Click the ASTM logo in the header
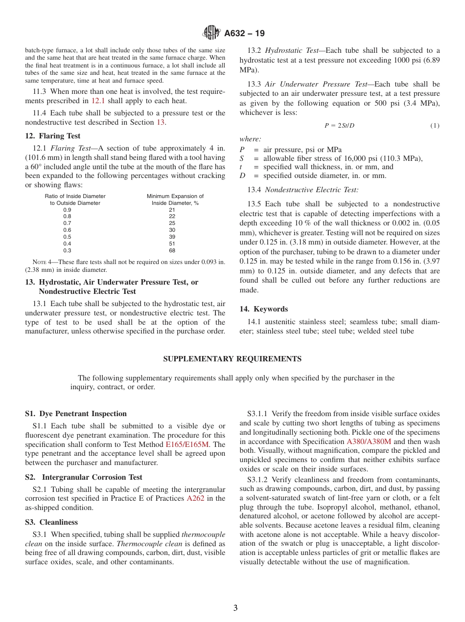point(211,33)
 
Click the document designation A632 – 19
point(244,33)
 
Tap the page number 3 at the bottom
point(235,608)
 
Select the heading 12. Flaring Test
point(53,136)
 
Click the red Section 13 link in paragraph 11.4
point(161,122)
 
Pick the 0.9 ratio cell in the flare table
point(67,210)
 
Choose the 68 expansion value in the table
point(172,251)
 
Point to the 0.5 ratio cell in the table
point(67,237)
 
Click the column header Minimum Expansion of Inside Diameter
point(175,200)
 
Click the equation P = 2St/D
point(339,126)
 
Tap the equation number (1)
point(435,126)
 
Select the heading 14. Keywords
point(263,309)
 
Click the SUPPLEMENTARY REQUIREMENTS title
point(232,359)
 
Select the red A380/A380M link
point(369,442)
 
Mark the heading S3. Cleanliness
point(51,522)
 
